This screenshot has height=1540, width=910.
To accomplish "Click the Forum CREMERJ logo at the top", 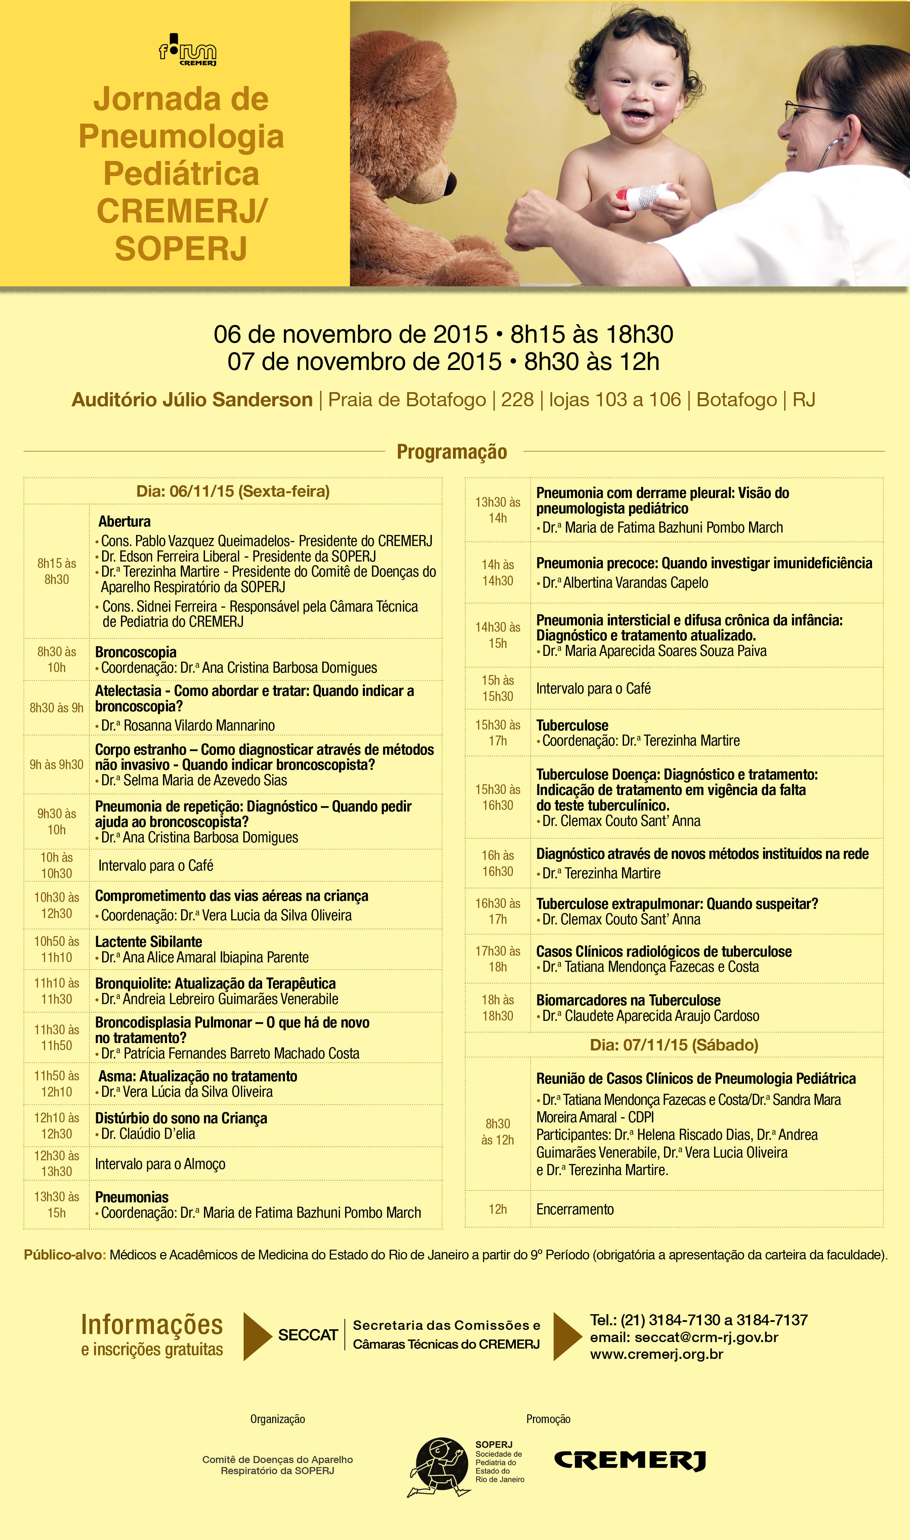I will (x=188, y=51).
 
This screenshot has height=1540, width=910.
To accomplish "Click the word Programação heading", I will (x=452, y=452).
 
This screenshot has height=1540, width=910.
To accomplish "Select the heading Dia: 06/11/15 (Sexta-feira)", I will (x=233, y=491).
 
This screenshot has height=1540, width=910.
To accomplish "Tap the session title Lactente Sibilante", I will (x=149, y=942).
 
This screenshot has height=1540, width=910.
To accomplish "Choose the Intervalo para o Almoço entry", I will (x=160, y=1164).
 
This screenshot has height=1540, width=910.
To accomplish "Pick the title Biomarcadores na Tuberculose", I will (x=628, y=1000).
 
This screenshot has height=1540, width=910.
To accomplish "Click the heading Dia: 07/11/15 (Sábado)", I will (x=674, y=1045).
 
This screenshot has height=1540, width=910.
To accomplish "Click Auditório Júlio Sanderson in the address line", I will (x=192, y=400).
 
